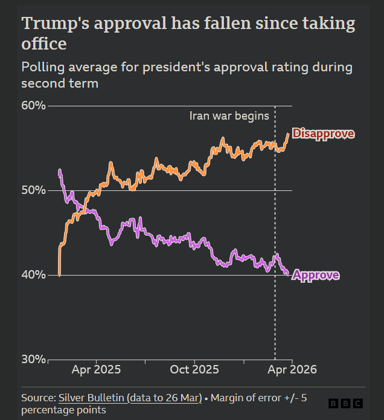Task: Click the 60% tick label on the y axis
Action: pos(34,106)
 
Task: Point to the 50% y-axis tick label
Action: pos(34,190)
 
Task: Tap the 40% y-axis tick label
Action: pos(34,275)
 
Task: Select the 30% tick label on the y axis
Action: pos(34,360)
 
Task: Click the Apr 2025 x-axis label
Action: pos(96,369)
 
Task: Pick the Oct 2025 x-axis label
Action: pos(194,369)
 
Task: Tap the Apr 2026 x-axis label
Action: pos(292,369)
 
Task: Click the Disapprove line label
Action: pos(323,134)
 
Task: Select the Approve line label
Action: pos(316,276)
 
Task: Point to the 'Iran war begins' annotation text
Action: pos(229,116)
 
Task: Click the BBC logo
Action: pos(346,403)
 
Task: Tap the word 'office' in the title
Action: pos(43,45)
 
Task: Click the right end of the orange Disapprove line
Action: pos(288,134)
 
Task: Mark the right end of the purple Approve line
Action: pos(287,274)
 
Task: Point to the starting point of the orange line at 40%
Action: pos(59,274)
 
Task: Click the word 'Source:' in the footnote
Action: pos(39,398)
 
